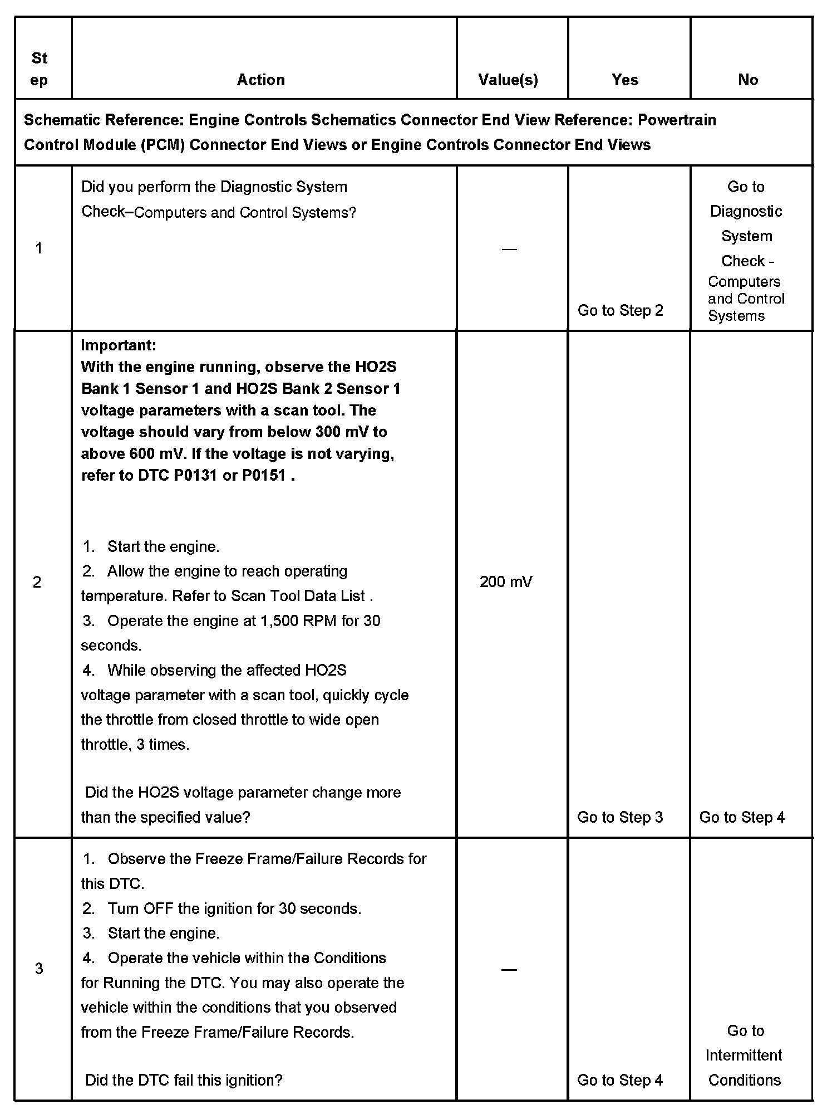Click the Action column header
tap(260, 80)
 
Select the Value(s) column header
tap(508, 80)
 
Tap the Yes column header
tap(625, 80)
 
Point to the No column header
tap(748, 80)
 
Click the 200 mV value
tap(506, 582)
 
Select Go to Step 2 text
tap(621, 310)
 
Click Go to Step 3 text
tap(620, 817)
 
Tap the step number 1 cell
tap(39, 248)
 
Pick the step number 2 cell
tap(37, 582)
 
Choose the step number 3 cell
tap(39, 969)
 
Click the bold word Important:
tap(119, 345)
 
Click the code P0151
tap(264, 476)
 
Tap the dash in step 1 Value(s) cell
tap(509, 249)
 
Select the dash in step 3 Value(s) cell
tap(509, 970)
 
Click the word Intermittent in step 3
tap(744, 1055)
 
